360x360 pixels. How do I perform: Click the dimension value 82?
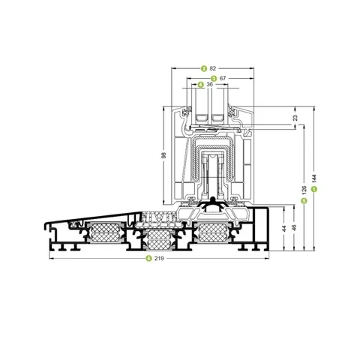coord(213,68)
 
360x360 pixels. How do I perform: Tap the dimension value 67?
coord(223,78)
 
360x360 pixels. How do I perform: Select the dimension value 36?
coord(210,85)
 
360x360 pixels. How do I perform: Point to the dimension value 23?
coord(295,118)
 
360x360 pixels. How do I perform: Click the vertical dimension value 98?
coord(163,155)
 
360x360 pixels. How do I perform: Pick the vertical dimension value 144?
coord(314,178)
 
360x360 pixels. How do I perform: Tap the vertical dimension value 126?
coord(304,190)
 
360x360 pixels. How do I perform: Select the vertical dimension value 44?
coord(284,228)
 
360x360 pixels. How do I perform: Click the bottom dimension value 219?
coord(159,258)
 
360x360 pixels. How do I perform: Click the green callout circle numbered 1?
coord(314,189)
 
